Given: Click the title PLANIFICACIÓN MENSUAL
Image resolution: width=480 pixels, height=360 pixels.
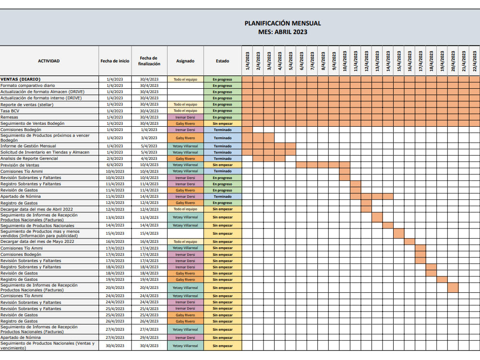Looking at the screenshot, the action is click(283, 23).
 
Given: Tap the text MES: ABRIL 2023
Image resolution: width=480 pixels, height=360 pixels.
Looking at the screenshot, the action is click(283, 32).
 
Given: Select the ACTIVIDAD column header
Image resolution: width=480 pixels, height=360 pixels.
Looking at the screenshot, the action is click(49, 61).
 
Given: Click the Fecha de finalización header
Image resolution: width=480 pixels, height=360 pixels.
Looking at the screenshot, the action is click(149, 61).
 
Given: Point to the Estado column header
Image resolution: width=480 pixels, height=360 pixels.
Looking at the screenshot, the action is click(223, 61).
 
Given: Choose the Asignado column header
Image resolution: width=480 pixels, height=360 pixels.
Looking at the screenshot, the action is click(185, 61).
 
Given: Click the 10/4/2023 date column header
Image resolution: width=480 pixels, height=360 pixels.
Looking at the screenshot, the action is click(345, 61).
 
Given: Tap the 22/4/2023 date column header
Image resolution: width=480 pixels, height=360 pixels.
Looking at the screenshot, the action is click(475, 61).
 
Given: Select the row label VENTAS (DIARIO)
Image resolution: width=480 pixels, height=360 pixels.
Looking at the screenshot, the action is click(21, 79).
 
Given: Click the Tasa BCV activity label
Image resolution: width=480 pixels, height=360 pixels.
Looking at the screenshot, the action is click(10, 111).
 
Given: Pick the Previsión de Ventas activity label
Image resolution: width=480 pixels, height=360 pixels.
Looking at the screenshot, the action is click(20, 165).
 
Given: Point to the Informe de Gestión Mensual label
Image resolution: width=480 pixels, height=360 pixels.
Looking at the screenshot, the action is click(28, 146).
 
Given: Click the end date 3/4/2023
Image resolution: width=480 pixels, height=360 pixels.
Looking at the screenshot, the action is click(149, 138).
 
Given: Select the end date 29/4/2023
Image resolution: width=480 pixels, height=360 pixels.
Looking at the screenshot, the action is click(149, 337).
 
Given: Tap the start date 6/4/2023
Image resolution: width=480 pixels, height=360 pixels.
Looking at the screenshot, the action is click(115, 165).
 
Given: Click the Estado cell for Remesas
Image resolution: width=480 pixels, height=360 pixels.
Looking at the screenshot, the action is click(223, 117).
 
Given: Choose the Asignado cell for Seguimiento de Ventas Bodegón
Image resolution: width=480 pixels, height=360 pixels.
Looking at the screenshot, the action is click(185, 124).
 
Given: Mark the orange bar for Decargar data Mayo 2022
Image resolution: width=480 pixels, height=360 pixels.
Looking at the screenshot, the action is click(409, 241).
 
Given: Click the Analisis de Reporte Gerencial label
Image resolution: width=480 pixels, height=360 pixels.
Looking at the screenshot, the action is click(29, 158).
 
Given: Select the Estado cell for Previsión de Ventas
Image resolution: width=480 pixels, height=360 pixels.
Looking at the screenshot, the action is click(223, 165).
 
